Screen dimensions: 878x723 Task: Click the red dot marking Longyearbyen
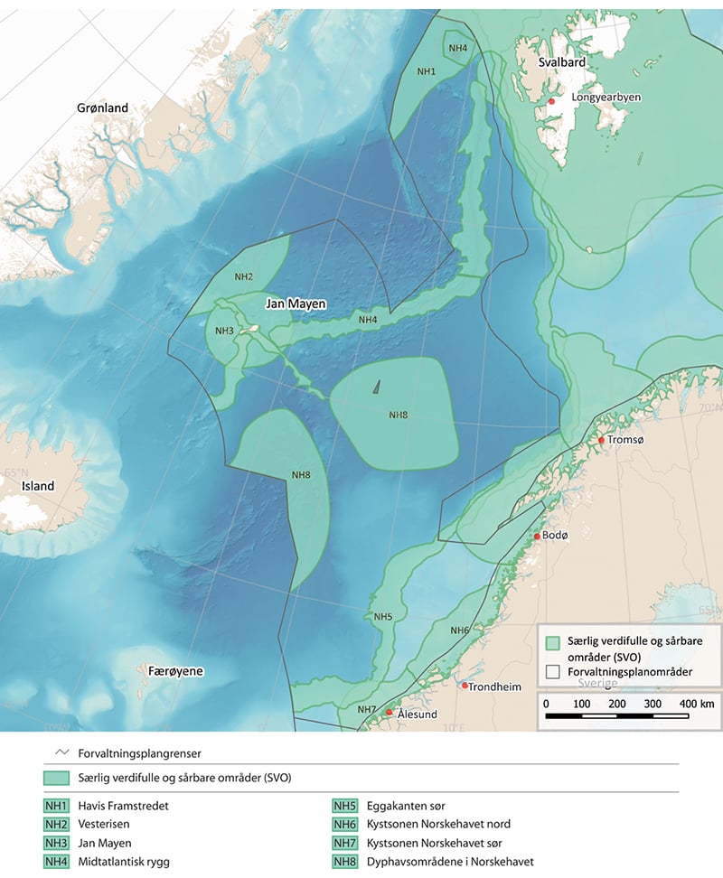click(x=551, y=102)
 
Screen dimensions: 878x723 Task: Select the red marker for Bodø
click(x=538, y=537)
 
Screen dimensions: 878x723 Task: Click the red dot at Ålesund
click(x=390, y=713)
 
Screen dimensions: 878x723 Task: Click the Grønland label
click(x=102, y=107)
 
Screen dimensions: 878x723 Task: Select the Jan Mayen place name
click(x=295, y=305)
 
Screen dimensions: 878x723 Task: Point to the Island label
click(x=38, y=486)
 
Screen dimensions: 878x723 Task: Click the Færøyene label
click(x=175, y=672)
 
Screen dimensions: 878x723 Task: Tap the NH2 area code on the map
click(x=244, y=276)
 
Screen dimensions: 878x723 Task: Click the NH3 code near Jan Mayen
click(x=225, y=331)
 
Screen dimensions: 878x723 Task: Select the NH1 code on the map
click(x=427, y=70)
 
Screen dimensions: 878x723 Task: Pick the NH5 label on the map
click(x=382, y=617)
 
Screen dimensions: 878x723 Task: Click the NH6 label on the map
click(x=459, y=630)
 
